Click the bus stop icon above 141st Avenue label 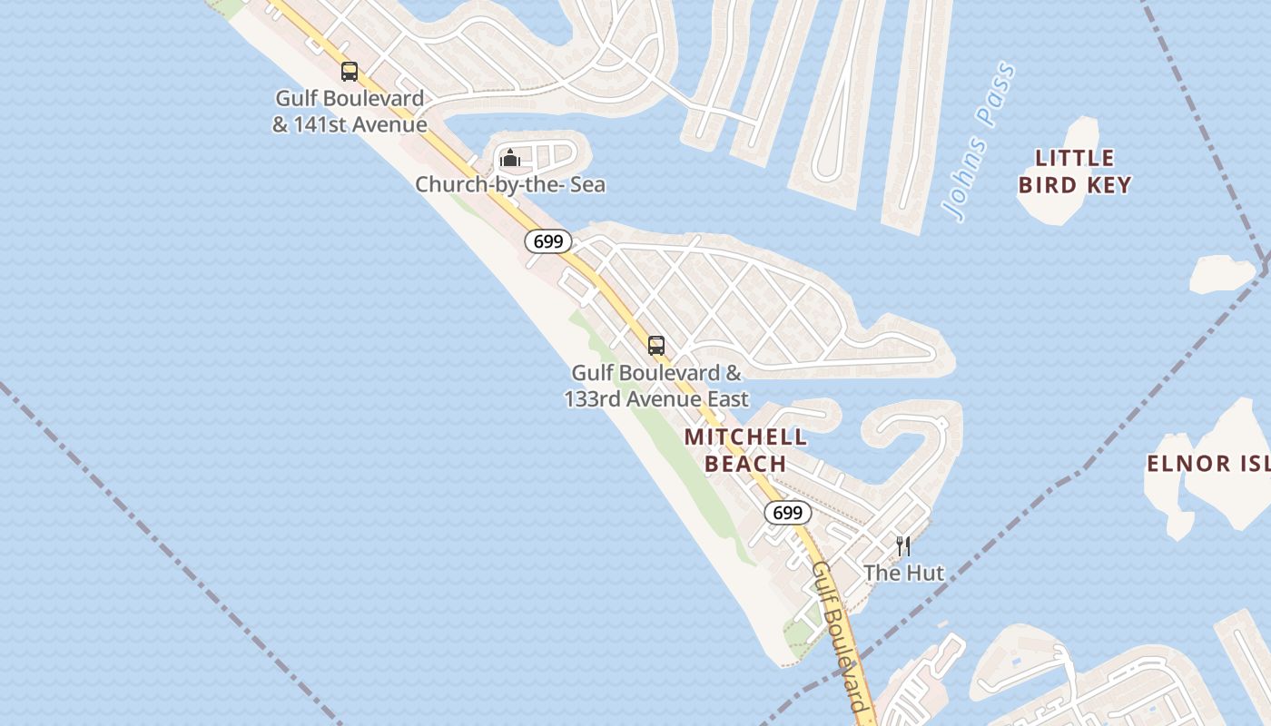pos(350,71)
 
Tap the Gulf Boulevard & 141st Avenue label pos(350,112)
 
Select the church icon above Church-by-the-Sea pos(510,159)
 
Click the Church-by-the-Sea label pos(510,185)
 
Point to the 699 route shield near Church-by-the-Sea pos(548,241)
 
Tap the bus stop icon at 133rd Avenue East pos(655,346)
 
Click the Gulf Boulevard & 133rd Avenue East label pos(656,386)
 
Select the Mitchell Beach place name pos(746,450)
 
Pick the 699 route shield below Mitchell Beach pos(787,513)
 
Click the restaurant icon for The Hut pos(902,545)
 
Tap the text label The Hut pos(903,573)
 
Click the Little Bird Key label pos(1075,172)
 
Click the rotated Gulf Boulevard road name pos(840,636)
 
